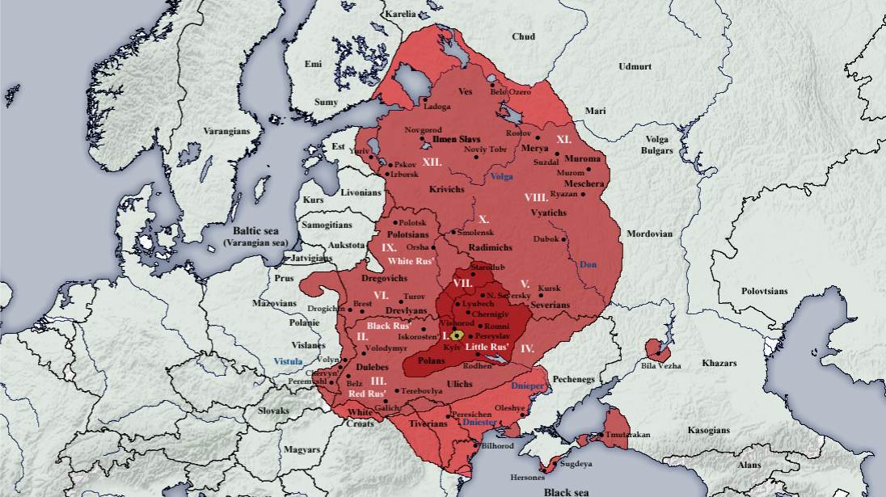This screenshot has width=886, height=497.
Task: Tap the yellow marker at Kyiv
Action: (457, 335)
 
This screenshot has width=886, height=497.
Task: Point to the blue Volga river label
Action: (502, 175)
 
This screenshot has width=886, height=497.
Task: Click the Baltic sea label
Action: (255, 230)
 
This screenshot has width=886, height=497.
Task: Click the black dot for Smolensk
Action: (455, 233)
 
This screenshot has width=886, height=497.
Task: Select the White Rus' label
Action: (411, 261)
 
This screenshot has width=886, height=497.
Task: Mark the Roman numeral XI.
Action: (563, 140)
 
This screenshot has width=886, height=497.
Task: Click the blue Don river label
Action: (589, 264)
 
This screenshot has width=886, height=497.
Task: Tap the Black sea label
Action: (565, 491)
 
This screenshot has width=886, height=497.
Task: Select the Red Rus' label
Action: (367, 394)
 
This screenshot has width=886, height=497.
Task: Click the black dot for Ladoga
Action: (424, 100)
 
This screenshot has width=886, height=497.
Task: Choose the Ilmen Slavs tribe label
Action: (457, 139)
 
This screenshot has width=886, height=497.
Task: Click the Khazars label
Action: (720, 364)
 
